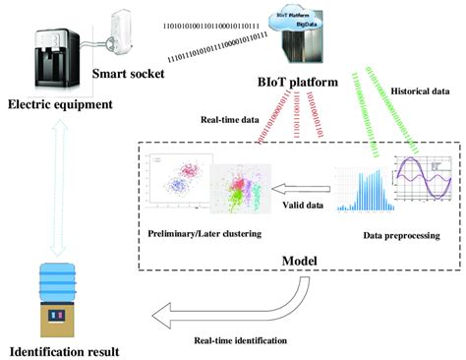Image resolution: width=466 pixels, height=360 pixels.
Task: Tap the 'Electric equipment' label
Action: [59, 104]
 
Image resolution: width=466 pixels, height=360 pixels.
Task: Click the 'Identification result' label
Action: [64, 350]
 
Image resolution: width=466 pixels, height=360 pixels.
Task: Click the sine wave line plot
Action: [422, 180]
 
